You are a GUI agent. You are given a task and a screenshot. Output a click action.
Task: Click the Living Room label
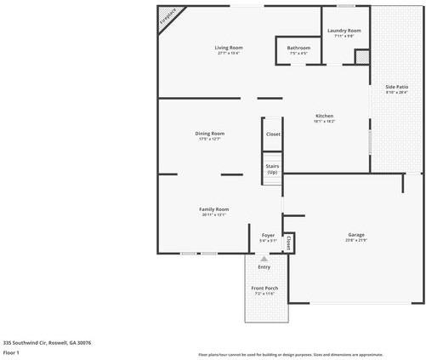click(228, 48)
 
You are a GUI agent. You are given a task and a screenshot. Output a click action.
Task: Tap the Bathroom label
click(298, 49)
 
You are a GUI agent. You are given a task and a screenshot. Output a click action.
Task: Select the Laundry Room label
click(344, 31)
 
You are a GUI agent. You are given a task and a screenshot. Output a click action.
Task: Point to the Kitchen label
click(324, 117)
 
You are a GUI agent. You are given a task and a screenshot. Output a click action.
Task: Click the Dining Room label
click(210, 134)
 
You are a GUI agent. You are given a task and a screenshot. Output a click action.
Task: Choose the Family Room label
click(214, 209)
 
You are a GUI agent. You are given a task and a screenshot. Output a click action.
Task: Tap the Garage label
click(355, 235)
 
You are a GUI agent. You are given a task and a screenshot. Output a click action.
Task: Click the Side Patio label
click(397, 88)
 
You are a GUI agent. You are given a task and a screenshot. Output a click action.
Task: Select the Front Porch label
click(264, 289)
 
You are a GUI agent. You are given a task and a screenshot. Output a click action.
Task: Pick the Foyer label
click(268, 236)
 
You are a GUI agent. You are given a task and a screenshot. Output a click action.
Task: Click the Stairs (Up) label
click(272, 169)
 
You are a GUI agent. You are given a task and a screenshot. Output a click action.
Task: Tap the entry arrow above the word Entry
click(264, 258)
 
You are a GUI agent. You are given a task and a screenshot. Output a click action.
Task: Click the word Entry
click(264, 267)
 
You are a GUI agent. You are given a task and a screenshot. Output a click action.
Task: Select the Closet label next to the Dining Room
click(273, 134)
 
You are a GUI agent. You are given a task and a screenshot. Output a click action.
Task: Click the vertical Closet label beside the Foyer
click(288, 243)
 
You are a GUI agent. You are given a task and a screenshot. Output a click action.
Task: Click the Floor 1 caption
click(11, 351)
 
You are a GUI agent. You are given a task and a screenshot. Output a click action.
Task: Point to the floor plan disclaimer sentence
click(290, 354)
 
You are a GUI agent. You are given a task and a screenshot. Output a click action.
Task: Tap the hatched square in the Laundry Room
click(362, 57)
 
